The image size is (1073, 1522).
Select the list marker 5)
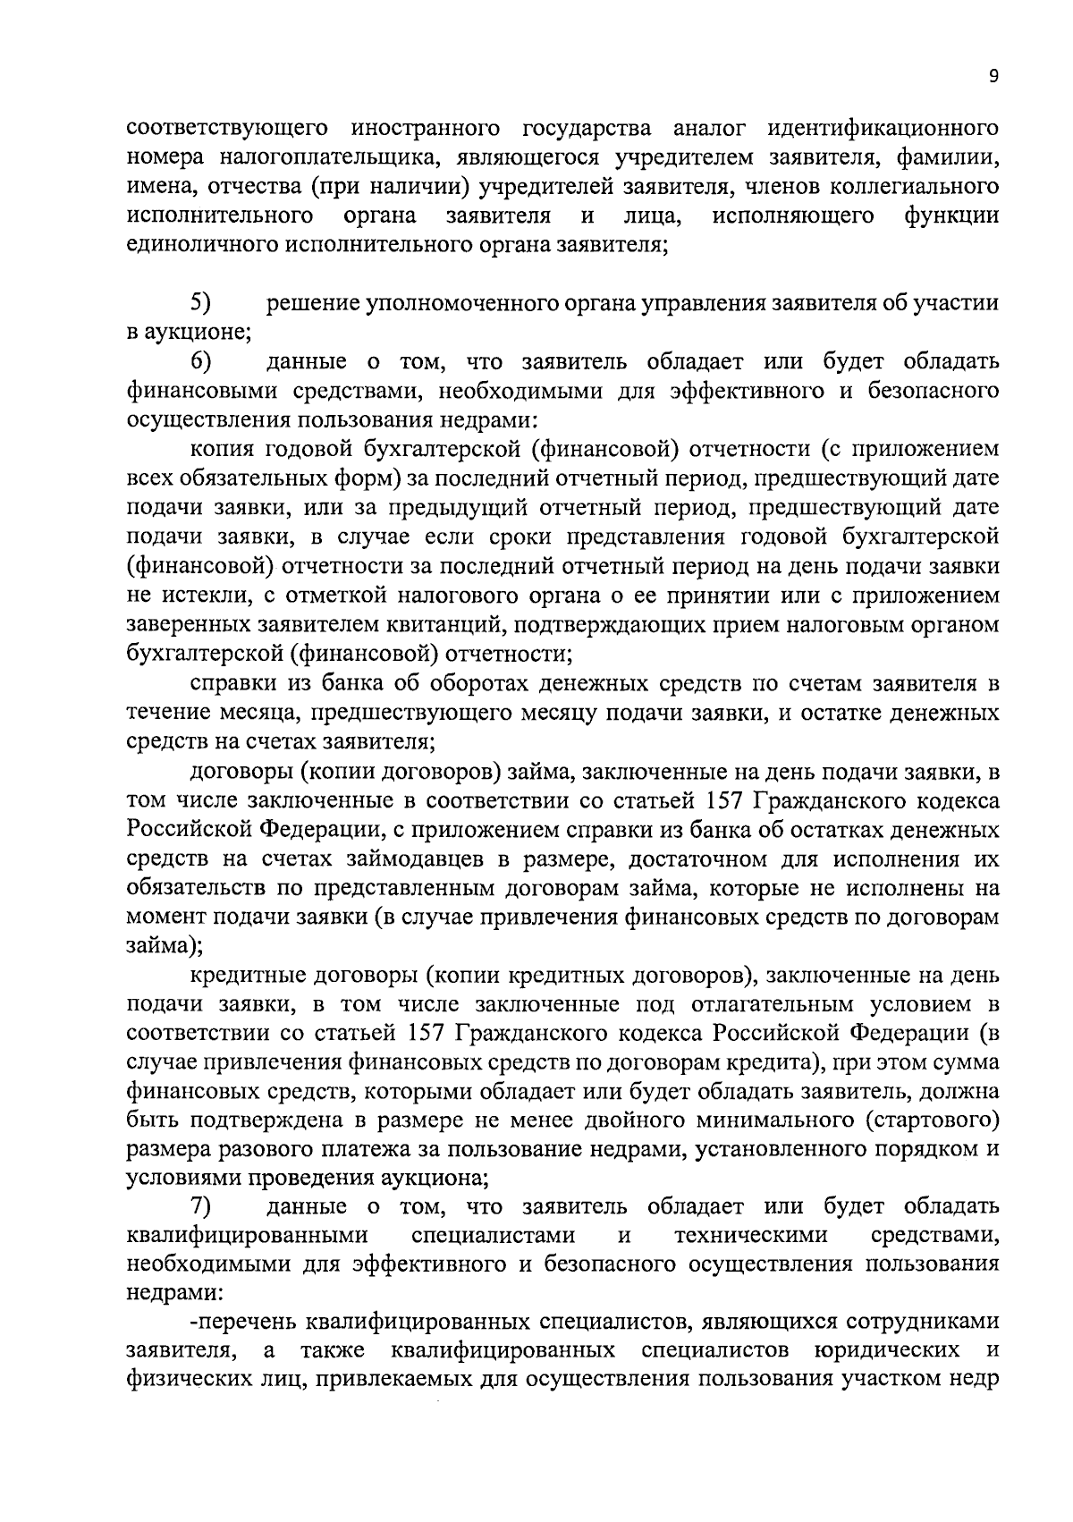point(200,303)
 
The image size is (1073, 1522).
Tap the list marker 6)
point(200,361)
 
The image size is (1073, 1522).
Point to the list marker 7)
point(200,1206)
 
